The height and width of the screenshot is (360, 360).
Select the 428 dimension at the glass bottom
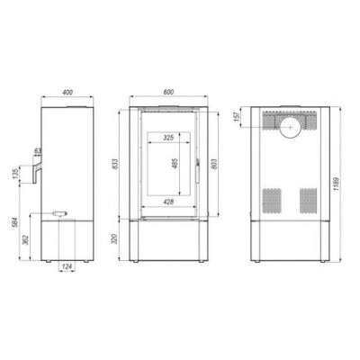point(168,202)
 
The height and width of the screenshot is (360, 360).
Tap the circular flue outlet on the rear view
point(290,128)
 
